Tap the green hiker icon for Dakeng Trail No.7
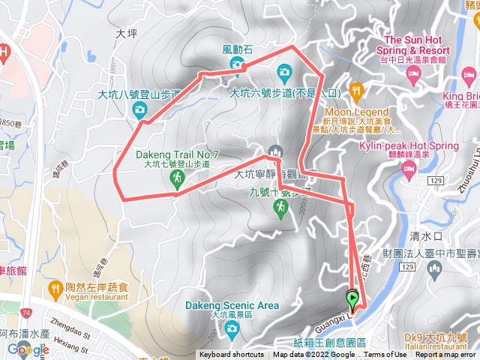[177, 178]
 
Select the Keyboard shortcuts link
[231, 355]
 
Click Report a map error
[446, 355]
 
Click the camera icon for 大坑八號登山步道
[139, 111]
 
